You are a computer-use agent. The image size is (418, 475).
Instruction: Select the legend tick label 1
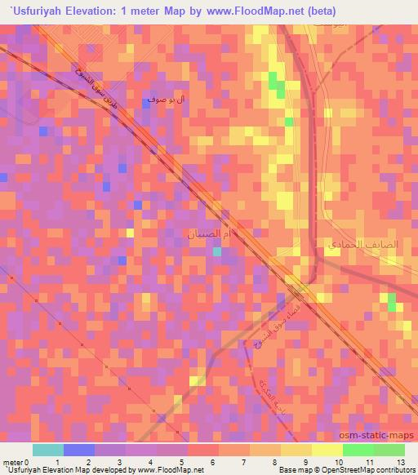(x=56, y=462)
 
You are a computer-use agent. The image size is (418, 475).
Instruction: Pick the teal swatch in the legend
(x=48, y=450)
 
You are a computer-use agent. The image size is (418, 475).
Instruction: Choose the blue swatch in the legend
(x=78, y=450)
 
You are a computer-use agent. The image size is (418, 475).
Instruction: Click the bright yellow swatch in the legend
(x=327, y=450)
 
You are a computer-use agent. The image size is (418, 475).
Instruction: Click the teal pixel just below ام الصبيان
(x=216, y=252)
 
